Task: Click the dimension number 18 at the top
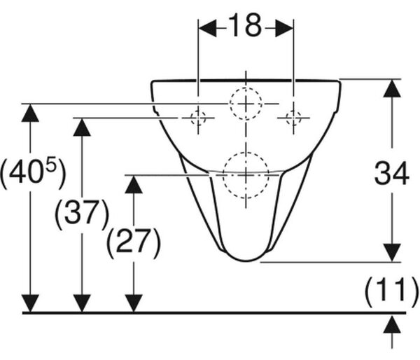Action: pyautogui.click(x=246, y=25)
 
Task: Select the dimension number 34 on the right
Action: pyautogui.click(x=391, y=173)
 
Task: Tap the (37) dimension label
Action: pyautogui.click(x=82, y=214)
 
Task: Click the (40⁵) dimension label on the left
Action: pyautogui.click(x=33, y=172)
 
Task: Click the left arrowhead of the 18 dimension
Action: pyautogui.click(x=207, y=28)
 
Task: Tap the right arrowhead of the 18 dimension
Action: pyautogui.click(x=284, y=28)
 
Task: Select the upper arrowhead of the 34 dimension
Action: pyautogui.click(x=392, y=88)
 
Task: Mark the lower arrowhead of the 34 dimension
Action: pyautogui.click(x=392, y=253)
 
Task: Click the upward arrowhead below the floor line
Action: pyautogui.click(x=392, y=325)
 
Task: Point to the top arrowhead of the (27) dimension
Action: pyautogui.click(x=134, y=184)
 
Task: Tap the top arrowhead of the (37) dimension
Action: pyautogui.click(x=82, y=127)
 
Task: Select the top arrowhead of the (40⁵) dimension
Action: pyautogui.click(x=30, y=113)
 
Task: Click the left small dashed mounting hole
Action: pyautogui.click(x=198, y=118)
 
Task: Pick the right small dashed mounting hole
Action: pyautogui.click(x=293, y=118)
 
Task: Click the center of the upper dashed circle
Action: pyautogui.click(x=246, y=104)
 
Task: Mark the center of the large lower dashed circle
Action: pyautogui.click(x=246, y=175)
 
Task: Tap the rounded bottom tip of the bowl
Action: pyautogui.click(x=246, y=261)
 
